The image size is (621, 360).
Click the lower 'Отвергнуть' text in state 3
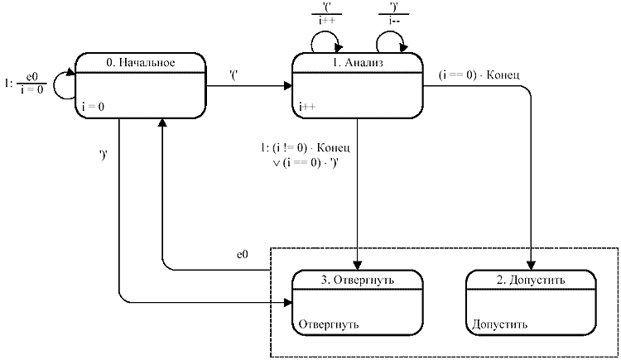[329, 324]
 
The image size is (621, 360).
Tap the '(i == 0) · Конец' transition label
[479, 75]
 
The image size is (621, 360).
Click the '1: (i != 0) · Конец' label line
[307, 150]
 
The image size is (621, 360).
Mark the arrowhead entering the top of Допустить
[531, 266]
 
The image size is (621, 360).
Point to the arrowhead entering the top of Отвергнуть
[358, 266]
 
